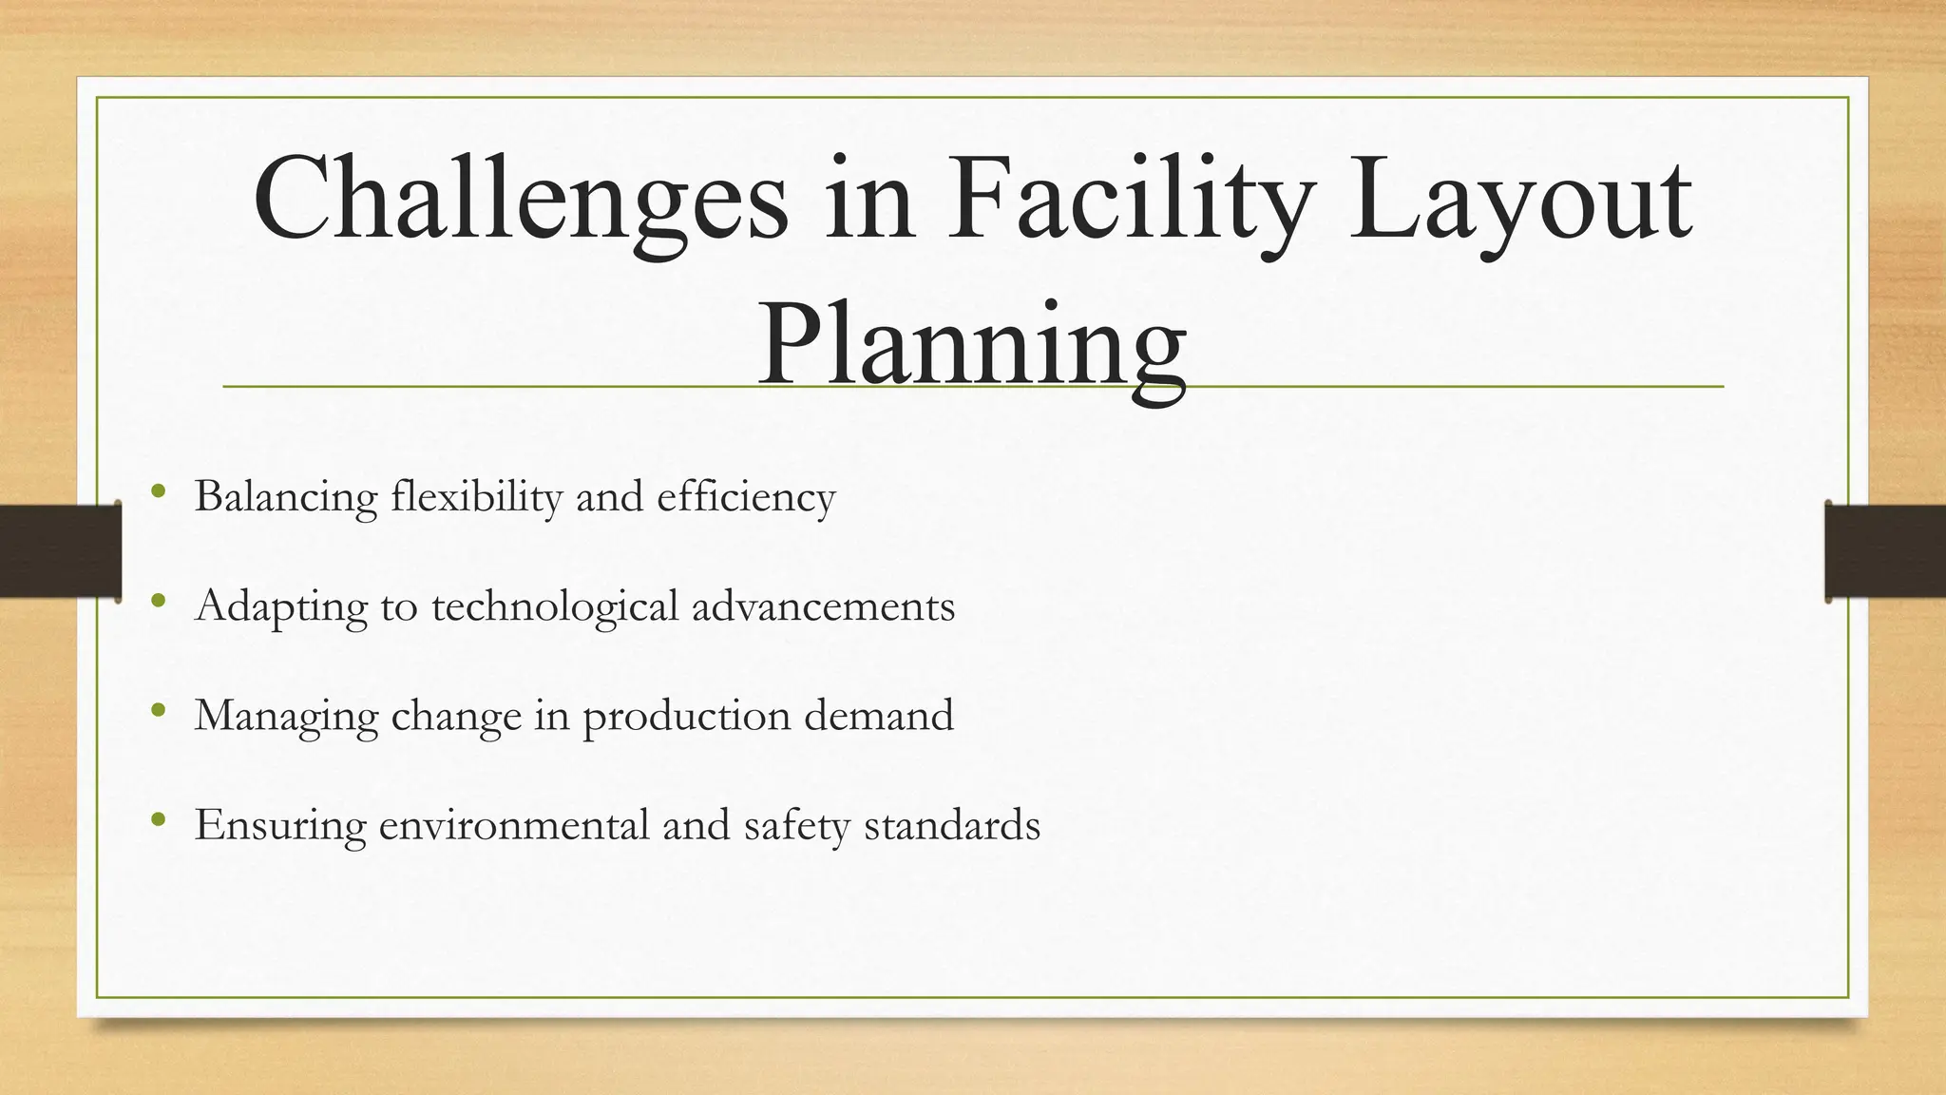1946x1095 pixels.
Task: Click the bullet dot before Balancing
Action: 158,491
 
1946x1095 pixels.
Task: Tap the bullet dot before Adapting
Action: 158,601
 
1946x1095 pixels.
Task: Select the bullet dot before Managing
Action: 158,710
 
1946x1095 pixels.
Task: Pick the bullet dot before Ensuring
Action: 158,819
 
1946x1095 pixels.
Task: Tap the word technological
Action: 555,606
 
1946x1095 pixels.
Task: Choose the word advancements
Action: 823,606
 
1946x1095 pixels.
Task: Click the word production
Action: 686,716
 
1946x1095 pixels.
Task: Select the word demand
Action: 878,716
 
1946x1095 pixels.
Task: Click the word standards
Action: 951,825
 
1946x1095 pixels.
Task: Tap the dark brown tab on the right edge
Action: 1885,551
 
